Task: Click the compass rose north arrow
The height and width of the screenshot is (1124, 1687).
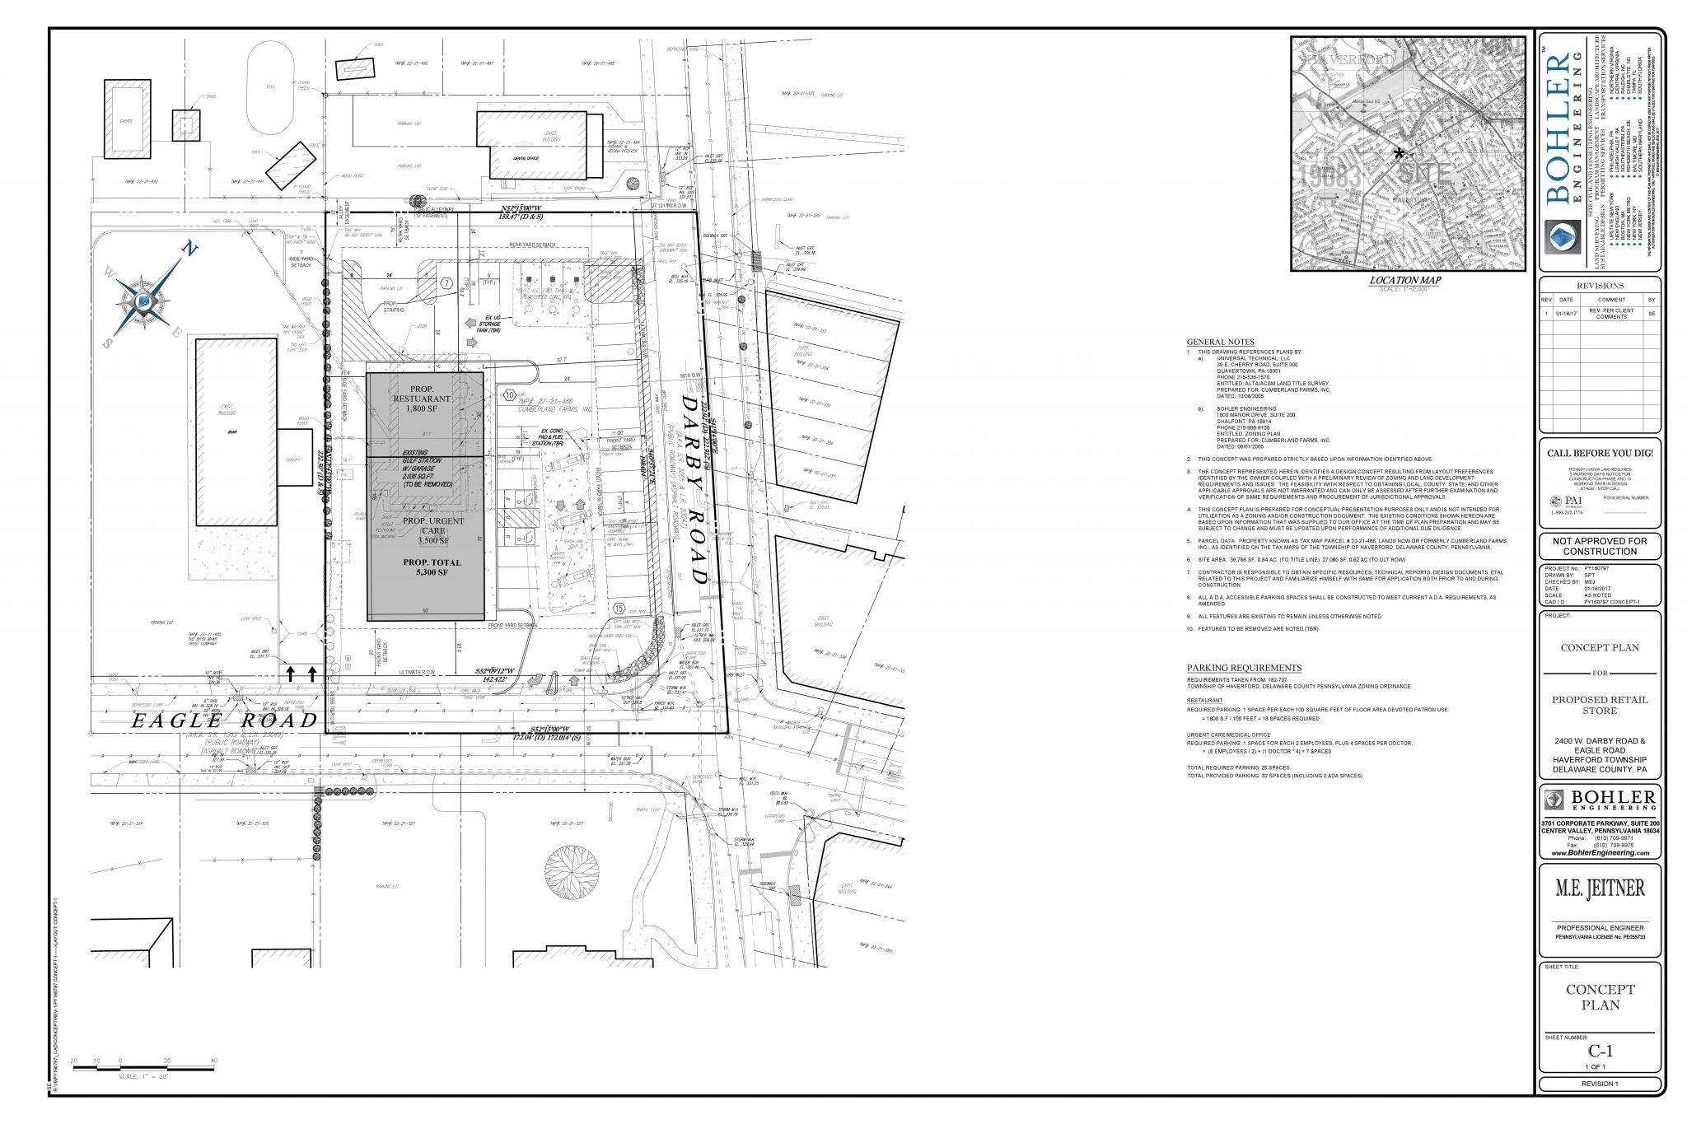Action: click(146, 304)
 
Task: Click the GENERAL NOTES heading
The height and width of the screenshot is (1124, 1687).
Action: click(1220, 342)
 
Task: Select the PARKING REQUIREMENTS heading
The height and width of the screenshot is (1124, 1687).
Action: click(1244, 668)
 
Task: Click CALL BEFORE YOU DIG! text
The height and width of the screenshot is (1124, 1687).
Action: click(1600, 453)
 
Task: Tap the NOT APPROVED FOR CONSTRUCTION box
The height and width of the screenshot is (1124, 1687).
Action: click(1600, 546)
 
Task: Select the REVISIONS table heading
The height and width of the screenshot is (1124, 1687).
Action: click(1600, 286)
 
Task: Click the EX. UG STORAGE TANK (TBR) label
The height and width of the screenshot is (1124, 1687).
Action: click(492, 324)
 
